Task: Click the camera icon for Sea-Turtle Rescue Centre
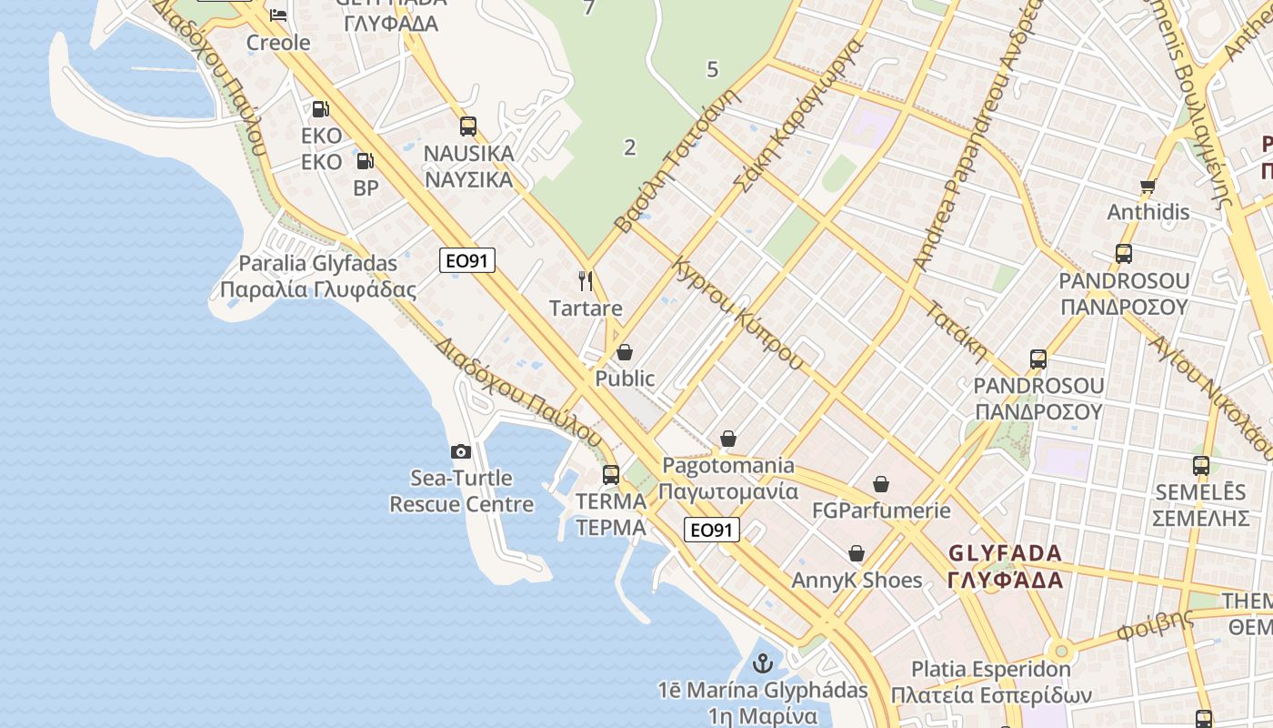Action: (461, 451)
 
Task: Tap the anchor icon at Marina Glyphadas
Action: (763, 663)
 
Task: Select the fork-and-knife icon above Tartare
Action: (586, 281)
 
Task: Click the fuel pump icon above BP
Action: (365, 161)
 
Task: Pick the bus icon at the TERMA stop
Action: (611, 474)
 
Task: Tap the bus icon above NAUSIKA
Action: (468, 126)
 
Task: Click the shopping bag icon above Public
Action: (625, 351)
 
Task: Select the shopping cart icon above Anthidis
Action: (1148, 187)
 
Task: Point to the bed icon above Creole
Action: (278, 15)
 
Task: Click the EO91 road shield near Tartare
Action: (467, 260)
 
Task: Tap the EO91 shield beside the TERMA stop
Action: (712, 530)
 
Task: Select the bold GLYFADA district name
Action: (1005, 566)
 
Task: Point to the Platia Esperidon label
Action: (991, 682)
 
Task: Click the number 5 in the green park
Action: (712, 69)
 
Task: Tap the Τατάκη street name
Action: (957, 331)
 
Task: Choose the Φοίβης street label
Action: (1155, 624)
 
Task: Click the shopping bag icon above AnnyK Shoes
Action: (857, 553)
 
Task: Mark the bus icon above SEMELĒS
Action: (1201, 466)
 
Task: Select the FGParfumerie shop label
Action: (881, 510)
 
